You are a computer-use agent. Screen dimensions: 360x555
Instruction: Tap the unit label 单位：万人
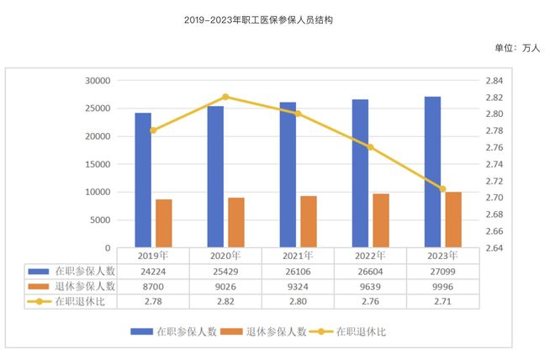tap(517, 48)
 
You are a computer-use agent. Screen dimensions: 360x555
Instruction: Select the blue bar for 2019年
tap(143, 180)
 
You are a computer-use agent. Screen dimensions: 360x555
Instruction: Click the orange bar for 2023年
tap(453, 220)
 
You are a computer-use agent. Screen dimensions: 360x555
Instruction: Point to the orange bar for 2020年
tap(236, 223)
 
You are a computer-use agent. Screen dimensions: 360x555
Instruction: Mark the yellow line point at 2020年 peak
tap(225, 97)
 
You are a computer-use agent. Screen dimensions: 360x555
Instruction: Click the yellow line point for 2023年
tap(442, 189)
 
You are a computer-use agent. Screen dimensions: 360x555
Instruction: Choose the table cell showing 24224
tap(153, 271)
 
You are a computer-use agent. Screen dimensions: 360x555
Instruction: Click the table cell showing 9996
tap(442, 286)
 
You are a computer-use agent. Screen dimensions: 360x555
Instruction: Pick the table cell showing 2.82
tap(225, 301)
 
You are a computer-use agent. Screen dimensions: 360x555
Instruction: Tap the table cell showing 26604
tap(370, 271)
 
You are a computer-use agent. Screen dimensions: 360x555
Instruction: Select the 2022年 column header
tap(370, 256)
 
